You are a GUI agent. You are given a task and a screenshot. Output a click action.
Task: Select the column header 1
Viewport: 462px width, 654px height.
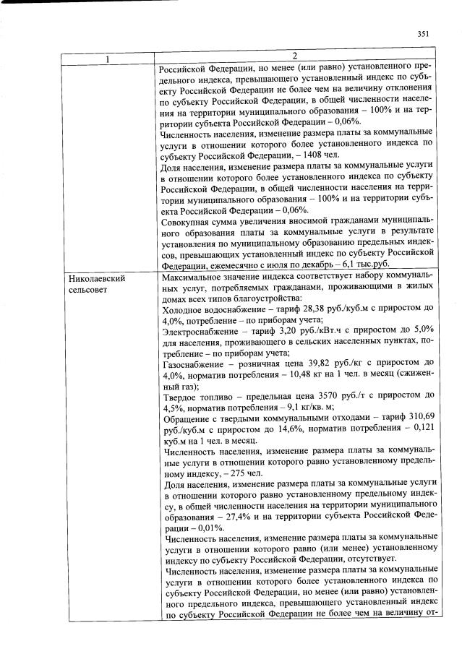tap(108, 58)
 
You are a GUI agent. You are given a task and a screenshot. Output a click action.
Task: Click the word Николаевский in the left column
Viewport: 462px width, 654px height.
tap(94, 277)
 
